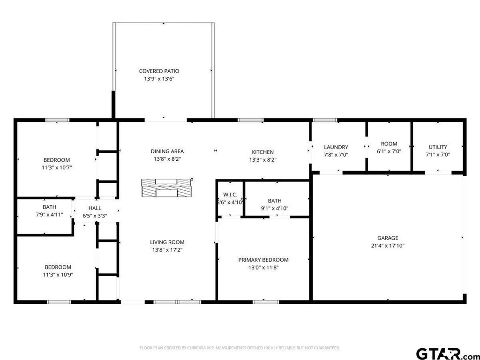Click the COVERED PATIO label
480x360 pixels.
(x=159, y=71)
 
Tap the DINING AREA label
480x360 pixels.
(x=167, y=151)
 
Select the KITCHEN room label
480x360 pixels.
(x=262, y=152)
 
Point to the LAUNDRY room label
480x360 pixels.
(x=336, y=147)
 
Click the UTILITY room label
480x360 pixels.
(x=438, y=147)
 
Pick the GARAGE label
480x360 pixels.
(x=388, y=238)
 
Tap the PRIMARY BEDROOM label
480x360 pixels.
(x=263, y=260)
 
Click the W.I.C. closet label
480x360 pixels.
(x=230, y=195)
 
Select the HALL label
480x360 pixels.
(x=95, y=208)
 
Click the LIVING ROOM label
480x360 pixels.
(x=167, y=242)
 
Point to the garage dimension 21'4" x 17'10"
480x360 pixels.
(x=388, y=246)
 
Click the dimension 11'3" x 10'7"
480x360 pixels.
(x=57, y=167)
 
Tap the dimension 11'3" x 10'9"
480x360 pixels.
(x=58, y=275)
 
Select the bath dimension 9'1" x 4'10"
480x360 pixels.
(x=275, y=209)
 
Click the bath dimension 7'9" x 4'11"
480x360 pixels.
(x=49, y=215)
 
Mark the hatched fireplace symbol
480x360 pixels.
(x=167, y=187)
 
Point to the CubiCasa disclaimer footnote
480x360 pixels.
(x=240, y=348)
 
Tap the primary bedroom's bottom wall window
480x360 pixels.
(x=266, y=302)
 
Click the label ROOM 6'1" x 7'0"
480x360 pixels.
(x=389, y=148)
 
